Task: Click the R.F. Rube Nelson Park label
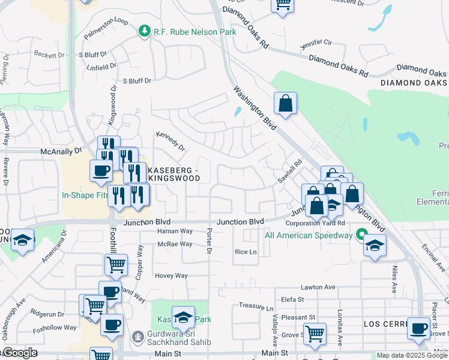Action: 194,31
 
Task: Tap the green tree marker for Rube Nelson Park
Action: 143,31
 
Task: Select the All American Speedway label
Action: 309,235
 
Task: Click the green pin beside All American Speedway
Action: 361,235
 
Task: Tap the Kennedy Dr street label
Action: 170,141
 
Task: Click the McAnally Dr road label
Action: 61,152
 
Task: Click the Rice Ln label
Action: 246,252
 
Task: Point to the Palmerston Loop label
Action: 106,29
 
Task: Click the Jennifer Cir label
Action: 316,44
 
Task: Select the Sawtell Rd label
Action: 289,172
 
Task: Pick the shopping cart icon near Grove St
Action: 315,333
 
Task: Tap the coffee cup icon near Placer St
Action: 418,328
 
